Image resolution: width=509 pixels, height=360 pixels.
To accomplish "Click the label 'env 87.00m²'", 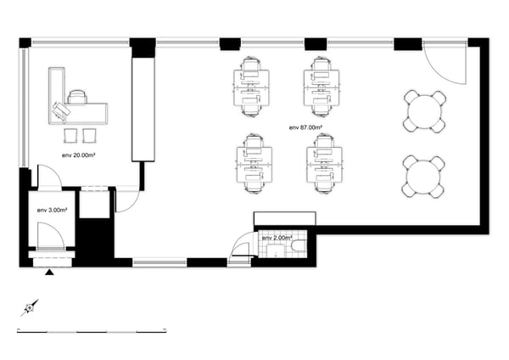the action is pos(305,127).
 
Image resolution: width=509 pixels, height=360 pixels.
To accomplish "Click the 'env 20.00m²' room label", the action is pos(78,155).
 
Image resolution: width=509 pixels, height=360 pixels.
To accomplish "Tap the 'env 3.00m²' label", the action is pos(52,211).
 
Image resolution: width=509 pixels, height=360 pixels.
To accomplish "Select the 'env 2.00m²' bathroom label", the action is pos(277,238).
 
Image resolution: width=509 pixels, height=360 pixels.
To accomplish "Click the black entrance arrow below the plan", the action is pos(49,272).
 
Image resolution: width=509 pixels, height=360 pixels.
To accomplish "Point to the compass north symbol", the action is pos(30,307).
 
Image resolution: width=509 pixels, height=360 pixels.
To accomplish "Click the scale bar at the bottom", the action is pos(92,332).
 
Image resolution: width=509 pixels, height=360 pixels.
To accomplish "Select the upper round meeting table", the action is pos(425,112).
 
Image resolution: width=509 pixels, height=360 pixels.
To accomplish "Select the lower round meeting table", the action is pos(423,177).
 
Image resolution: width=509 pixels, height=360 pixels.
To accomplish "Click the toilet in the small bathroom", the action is pos(299,246).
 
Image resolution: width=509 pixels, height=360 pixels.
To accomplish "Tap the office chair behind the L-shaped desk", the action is pos(77,97).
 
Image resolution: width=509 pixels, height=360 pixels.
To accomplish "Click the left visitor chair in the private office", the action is pos(70,136).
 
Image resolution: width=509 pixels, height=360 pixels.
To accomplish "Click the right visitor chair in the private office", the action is pos(90,136).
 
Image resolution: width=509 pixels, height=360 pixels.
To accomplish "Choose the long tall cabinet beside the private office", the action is pos(143,110).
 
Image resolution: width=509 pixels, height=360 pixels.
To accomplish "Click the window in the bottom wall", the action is pos(159,262).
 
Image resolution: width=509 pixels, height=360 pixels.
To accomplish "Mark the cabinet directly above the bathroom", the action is pos(285,218).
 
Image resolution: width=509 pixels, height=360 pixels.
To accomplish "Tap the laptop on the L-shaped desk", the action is pos(61,110).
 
